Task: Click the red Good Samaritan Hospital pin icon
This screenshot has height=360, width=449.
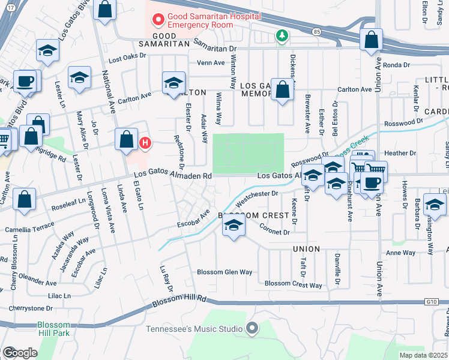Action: pos(158,20)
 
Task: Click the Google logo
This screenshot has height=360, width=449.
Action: pos(20,353)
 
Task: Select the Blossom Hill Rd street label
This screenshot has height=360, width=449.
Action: pos(178,298)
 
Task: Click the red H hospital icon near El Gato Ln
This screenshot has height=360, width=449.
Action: pos(145,143)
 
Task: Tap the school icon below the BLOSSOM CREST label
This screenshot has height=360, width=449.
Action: pos(234,226)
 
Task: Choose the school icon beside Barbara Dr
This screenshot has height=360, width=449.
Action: pos(434,205)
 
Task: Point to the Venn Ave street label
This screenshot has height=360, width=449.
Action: pos(211,62)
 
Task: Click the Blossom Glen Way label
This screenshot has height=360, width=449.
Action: pos(225,272)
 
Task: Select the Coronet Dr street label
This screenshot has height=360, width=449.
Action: pos(275,229)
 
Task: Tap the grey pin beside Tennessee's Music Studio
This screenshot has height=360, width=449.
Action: pos(252,328)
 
